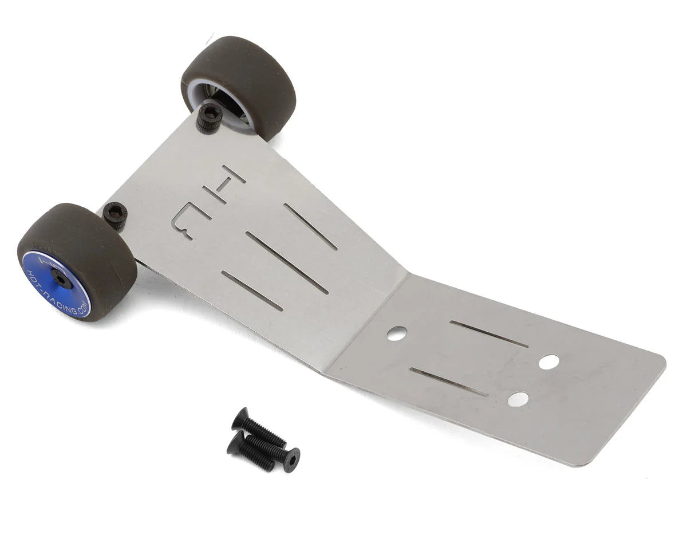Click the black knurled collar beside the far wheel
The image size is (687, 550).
point(209,117)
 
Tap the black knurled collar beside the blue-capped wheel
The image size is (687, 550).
point(115,215)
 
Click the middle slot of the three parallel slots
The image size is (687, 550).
point(287,262)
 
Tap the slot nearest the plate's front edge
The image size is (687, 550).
point(252,290)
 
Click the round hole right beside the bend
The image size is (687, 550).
point(397,333)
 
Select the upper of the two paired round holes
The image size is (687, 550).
point(548,362)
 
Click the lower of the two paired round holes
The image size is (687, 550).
point(518,399)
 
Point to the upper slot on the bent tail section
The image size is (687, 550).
point(489,334)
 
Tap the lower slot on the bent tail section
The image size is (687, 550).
point(449,382)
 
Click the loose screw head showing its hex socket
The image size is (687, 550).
point(291,459)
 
